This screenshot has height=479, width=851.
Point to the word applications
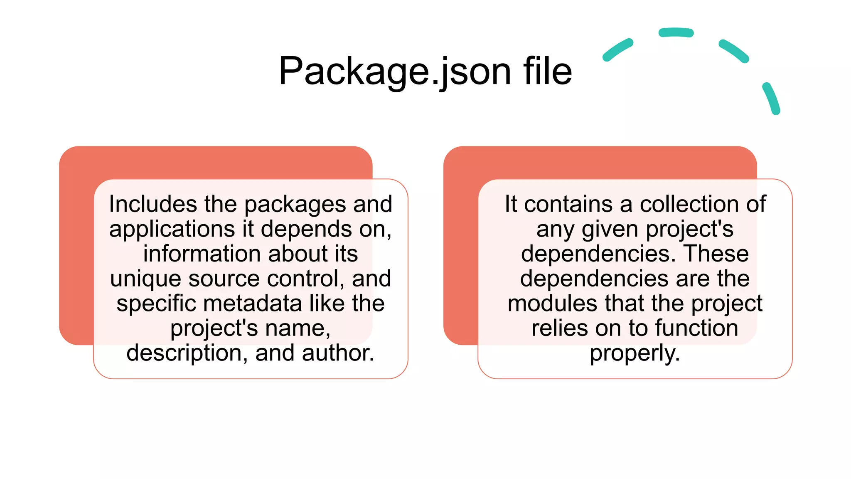[x=172, y=229]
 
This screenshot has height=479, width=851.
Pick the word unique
[x=145, y=279]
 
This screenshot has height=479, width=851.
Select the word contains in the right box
[x=568, y=204]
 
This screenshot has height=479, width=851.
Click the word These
[x=716, y=254]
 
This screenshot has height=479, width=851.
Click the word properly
[x=635, y=354]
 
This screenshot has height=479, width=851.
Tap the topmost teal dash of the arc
[x=676, y=32]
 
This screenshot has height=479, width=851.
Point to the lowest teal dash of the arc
[x=771, y=99]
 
